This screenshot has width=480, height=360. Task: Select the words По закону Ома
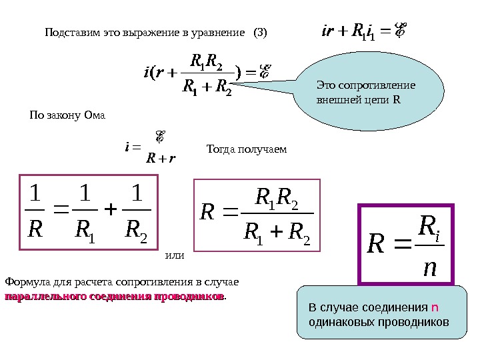click(x=68, y=115)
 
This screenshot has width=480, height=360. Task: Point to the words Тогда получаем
click(x=247, y=149)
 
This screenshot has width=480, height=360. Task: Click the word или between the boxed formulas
click(x=174, y=254)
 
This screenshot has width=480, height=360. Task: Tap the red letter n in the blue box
click(x=434, y=308)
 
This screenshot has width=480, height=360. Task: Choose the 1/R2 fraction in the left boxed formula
click(x=137, y=213)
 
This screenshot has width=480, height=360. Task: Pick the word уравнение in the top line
click(x=222, y=32)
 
